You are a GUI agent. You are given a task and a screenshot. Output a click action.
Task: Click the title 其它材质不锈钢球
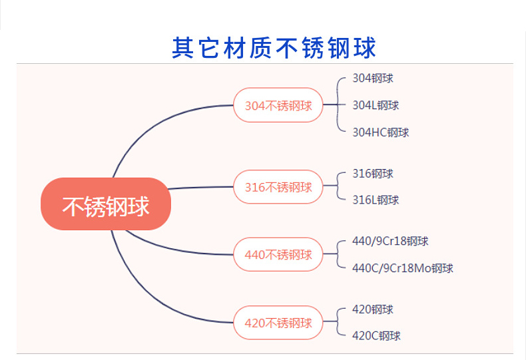point(274,47)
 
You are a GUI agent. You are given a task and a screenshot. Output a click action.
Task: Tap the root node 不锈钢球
point(106,204)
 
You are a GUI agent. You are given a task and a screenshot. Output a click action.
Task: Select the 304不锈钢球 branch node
point(278,105)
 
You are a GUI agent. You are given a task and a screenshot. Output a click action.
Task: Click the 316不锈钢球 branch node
point(278,187)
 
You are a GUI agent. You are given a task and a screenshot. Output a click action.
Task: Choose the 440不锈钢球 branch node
point(278,254)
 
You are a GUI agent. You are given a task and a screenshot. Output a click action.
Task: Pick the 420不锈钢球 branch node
point(278,323)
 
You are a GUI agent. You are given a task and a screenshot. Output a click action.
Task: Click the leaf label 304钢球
point(373,79)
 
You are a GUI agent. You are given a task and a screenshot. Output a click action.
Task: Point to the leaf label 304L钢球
point(376,105)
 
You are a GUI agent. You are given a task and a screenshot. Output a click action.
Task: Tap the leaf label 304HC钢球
point(380,132)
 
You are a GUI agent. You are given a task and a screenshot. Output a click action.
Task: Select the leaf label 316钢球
point(373,174)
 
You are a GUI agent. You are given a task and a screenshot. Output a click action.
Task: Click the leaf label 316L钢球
point(376,200)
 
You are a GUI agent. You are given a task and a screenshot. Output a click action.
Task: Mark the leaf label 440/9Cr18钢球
point(390,241)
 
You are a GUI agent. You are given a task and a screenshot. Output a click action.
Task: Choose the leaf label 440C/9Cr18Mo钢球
point(402,268)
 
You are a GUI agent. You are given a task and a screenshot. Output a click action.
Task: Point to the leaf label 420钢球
point(373,309)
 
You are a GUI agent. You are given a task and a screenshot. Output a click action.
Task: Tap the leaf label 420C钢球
point(376,336)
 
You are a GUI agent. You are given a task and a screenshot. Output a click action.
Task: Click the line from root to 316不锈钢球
point(200,188)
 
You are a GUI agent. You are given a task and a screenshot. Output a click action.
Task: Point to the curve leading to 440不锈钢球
point(173,249)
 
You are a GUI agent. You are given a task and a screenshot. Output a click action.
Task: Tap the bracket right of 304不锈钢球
point(338,105)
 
